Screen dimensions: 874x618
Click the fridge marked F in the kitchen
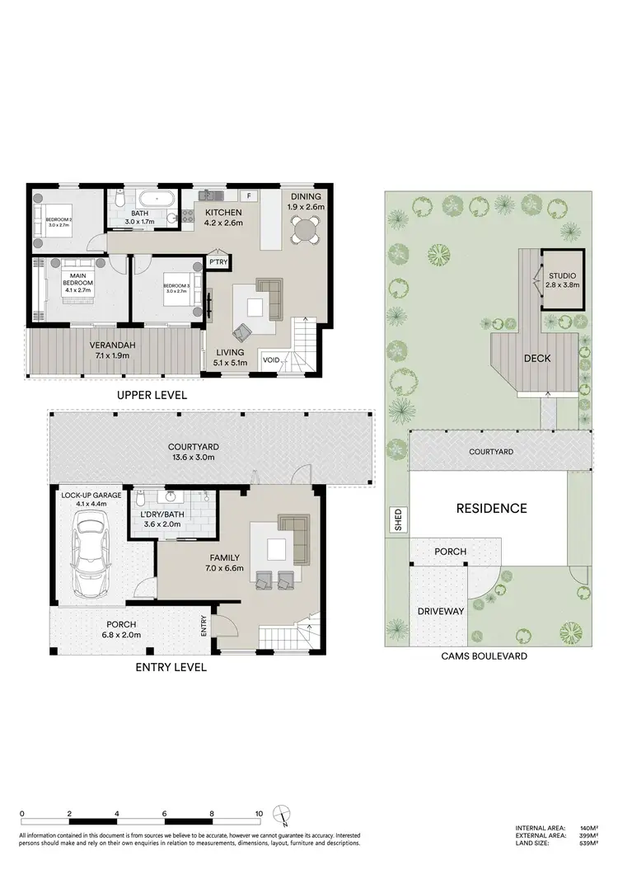pyautogui.click(x=248, y=196)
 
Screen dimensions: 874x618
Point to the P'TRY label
pyautogui.click(x=218, y=262)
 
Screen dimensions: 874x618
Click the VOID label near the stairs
pyautogui.click(x=271, y=359)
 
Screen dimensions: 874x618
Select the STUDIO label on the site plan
pyautogui.click(x=562, y=275)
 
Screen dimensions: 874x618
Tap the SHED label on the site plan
pyautogui.click(x=398, y=521)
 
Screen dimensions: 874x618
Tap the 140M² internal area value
pyautogui.click(x=587, y=828)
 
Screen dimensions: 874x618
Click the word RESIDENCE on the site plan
pyautogui.click(x=491, y=509)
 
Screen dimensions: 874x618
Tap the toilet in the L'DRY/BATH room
pyautogui.click(x=142, y=499)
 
